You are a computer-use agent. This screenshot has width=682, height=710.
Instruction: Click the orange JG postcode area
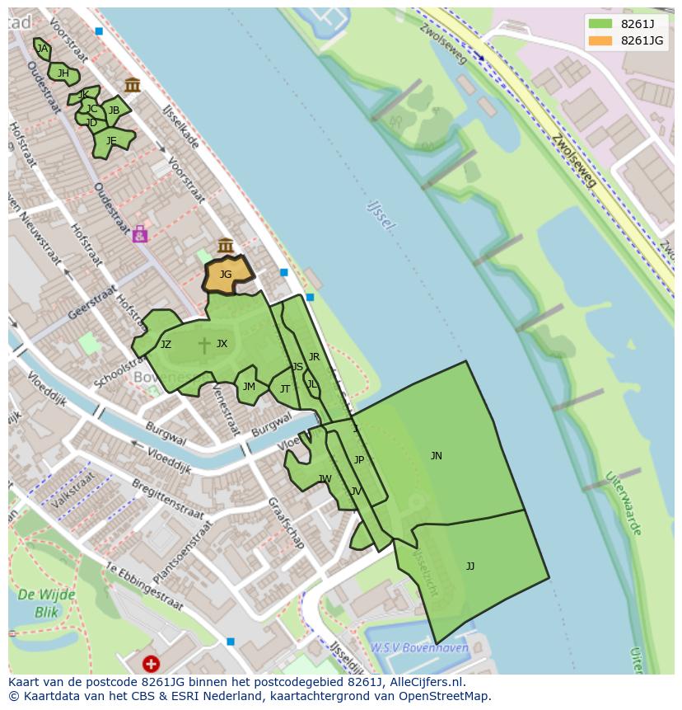[226, 275]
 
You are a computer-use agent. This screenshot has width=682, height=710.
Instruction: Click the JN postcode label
[437, 456]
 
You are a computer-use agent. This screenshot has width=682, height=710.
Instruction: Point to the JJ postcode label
[470, 566]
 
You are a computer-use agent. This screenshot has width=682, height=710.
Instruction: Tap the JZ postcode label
[166, 345]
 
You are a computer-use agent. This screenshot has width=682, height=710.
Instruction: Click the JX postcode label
[222, 344]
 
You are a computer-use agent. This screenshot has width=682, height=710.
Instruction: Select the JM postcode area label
[249, 386]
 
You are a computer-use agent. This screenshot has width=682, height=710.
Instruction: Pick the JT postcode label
[285, 389]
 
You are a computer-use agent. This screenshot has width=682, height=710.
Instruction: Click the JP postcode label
[358, 460]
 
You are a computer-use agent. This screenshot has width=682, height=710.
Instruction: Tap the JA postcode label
[42, 49]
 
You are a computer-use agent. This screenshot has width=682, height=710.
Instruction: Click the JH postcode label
[63, 73]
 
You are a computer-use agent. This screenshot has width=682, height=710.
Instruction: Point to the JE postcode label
[111, 141]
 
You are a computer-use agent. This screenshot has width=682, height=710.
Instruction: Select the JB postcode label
[114, 110]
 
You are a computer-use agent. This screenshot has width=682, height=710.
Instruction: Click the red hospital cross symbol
[151, 663]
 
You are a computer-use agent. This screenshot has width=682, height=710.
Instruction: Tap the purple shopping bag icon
[140, 234]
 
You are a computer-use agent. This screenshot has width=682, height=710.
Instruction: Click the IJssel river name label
[382, 214]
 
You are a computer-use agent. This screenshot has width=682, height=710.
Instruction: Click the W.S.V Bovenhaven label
[419, 648]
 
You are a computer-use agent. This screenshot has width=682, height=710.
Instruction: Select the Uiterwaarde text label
[624, 503]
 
